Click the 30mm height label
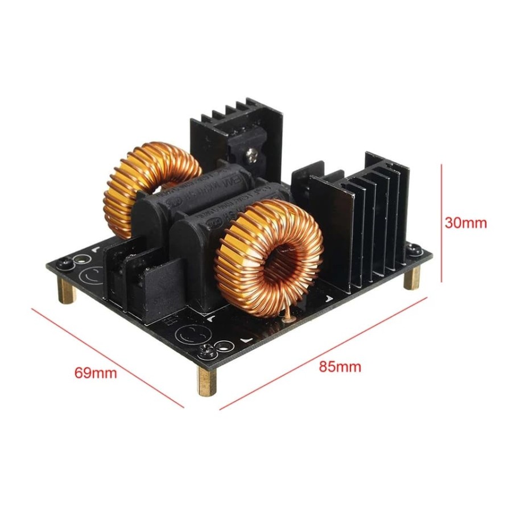[x=466, y=223]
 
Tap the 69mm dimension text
[x=96, y=373]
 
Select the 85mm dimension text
[x=340, y=366]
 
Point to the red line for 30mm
[x=442, y=223]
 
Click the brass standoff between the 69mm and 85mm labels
[x=207, y=379]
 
